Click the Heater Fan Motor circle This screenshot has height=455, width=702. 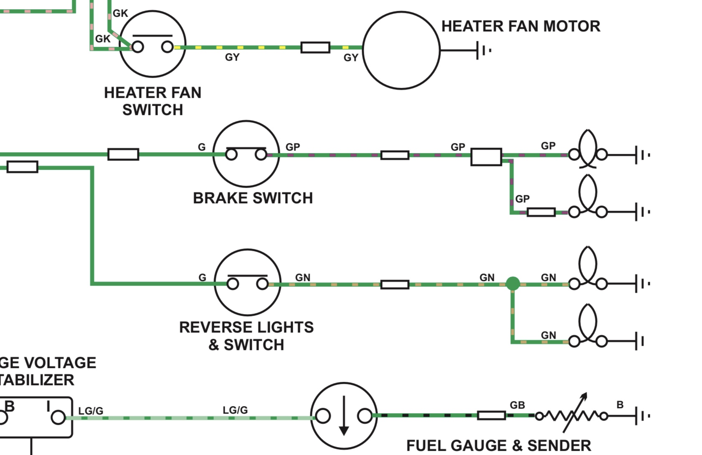(401, 50)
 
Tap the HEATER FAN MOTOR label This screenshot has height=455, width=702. (520, 26)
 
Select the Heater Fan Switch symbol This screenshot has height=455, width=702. (152, 44)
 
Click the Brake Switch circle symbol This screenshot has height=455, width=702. (246, 153)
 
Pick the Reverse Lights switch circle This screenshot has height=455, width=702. (247, 282)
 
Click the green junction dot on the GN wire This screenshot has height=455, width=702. (512, 284)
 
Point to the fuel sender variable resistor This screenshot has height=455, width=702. (571, 416)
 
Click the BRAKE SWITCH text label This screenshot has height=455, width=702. (253, 198)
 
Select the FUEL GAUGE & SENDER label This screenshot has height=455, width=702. (499, 446)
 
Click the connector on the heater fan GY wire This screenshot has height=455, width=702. (315, 47)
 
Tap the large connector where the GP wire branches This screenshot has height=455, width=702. (486, 157)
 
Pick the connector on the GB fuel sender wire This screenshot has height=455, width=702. (491, 415)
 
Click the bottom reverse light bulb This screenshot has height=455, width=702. (588, 330)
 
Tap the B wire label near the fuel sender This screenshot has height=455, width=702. (620, 405)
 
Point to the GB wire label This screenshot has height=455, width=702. (517, 405)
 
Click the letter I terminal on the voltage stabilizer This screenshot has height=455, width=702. (58, 417)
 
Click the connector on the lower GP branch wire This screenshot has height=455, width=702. (541, 212)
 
